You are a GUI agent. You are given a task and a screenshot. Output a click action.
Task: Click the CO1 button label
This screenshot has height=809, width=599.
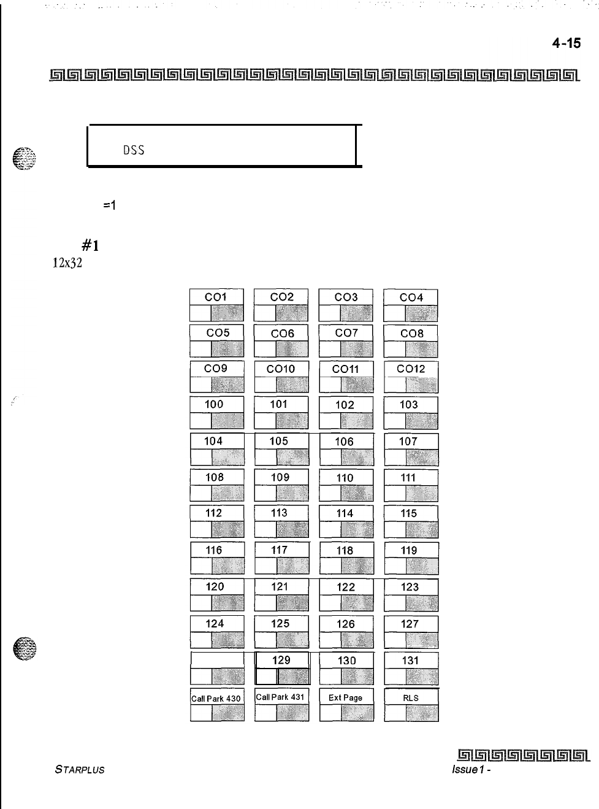(216, 297)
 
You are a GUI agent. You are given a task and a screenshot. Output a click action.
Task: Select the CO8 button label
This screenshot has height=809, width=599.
(411, 333)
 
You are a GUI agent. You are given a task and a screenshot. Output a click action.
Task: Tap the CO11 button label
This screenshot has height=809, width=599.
(345, 369)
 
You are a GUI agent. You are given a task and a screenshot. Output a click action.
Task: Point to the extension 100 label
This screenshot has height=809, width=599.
(215, 404)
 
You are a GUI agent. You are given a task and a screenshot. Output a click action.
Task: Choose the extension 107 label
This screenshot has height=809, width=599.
(408, 441)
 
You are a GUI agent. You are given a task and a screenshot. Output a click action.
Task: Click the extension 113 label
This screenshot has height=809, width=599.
(279, 513)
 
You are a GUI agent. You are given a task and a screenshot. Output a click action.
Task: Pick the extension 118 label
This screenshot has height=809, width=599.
(345, 550)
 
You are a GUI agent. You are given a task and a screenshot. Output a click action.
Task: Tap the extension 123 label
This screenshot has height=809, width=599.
(410, 587)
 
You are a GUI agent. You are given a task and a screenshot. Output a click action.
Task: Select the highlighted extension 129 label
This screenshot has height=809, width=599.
(281, 660)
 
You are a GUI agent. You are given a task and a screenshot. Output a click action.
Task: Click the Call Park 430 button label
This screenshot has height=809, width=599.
(216, 698)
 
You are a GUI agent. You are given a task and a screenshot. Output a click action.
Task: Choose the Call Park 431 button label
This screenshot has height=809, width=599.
(280, 697)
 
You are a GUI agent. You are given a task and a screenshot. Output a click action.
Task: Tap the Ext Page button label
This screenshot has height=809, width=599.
(345, 697)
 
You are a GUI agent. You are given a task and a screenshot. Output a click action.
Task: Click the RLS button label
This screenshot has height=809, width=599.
(411, 697)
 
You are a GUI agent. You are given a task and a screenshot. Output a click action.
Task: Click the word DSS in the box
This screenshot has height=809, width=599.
(133, 150)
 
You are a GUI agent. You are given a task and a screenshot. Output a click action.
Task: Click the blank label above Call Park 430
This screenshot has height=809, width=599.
(217, 660)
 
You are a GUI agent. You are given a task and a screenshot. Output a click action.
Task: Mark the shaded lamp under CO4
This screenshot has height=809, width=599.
(421, 313)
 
